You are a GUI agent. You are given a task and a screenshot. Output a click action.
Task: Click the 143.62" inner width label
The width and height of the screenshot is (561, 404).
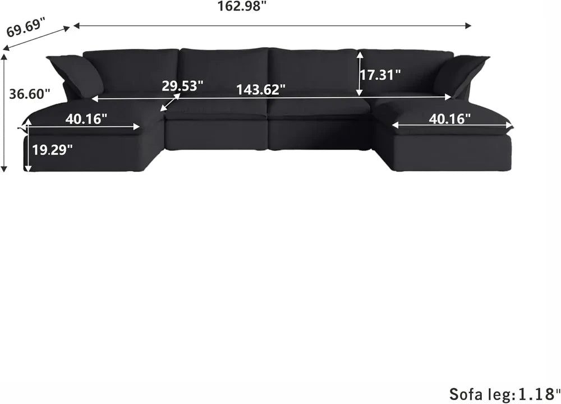tap(261, 89)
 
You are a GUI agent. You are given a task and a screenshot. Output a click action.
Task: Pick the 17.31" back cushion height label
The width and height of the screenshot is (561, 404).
tap(380, 75)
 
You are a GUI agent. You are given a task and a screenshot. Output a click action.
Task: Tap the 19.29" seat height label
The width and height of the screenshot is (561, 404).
tap(52, 150)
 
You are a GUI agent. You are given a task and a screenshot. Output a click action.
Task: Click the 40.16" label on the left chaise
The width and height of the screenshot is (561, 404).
tap(86, 118)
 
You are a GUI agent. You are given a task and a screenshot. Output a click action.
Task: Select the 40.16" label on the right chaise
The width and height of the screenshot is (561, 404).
tap(450, 118)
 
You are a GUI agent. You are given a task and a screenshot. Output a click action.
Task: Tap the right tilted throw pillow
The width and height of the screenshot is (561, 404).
tap(459, 75)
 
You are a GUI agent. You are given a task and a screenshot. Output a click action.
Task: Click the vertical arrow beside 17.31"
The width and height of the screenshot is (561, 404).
tap(360, 74)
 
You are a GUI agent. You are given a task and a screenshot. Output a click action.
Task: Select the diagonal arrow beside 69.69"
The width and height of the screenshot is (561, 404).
tap(38, 39)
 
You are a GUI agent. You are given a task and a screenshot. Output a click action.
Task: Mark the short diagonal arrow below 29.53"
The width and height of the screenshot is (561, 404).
tap(170, 102)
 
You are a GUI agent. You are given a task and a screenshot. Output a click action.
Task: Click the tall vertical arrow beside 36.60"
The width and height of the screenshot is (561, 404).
tap(4, 112)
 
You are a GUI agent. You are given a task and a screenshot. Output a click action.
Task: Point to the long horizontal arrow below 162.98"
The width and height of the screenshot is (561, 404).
tap(272, 25)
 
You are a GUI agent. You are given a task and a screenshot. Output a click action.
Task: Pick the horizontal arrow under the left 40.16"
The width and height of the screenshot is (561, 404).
tap(83, 127)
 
